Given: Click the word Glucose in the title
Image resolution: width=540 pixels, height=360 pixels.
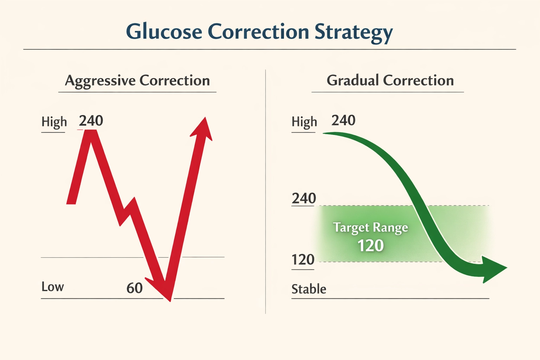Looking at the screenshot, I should click(164, 32).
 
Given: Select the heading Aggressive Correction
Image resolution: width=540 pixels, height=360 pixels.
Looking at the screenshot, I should click(137, 81).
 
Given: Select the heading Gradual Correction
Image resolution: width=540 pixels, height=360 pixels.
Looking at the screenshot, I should click(390, 81).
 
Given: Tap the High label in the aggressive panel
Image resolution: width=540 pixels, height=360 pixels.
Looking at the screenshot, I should click(54, 122).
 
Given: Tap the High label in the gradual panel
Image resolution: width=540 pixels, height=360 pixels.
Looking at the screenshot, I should click(304, 122).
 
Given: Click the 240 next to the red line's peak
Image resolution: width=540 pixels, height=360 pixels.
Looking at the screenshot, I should click(91, 121).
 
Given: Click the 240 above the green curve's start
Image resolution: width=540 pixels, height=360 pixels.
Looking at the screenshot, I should click(343, 121).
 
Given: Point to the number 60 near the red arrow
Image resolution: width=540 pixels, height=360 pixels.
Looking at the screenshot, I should click(134, 288).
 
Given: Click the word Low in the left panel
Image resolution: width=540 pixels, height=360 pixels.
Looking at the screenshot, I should click(53, 287).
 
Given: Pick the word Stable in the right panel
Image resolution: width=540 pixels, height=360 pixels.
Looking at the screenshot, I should click(309, 289).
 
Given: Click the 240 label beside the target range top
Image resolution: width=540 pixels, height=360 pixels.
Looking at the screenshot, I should click(304, 199).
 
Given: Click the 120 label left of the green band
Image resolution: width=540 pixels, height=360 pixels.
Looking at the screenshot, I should click(303, 260).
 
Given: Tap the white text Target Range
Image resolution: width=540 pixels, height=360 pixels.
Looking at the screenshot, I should click(370, 227).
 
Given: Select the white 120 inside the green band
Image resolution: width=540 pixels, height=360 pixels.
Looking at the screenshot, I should click(370, 245).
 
